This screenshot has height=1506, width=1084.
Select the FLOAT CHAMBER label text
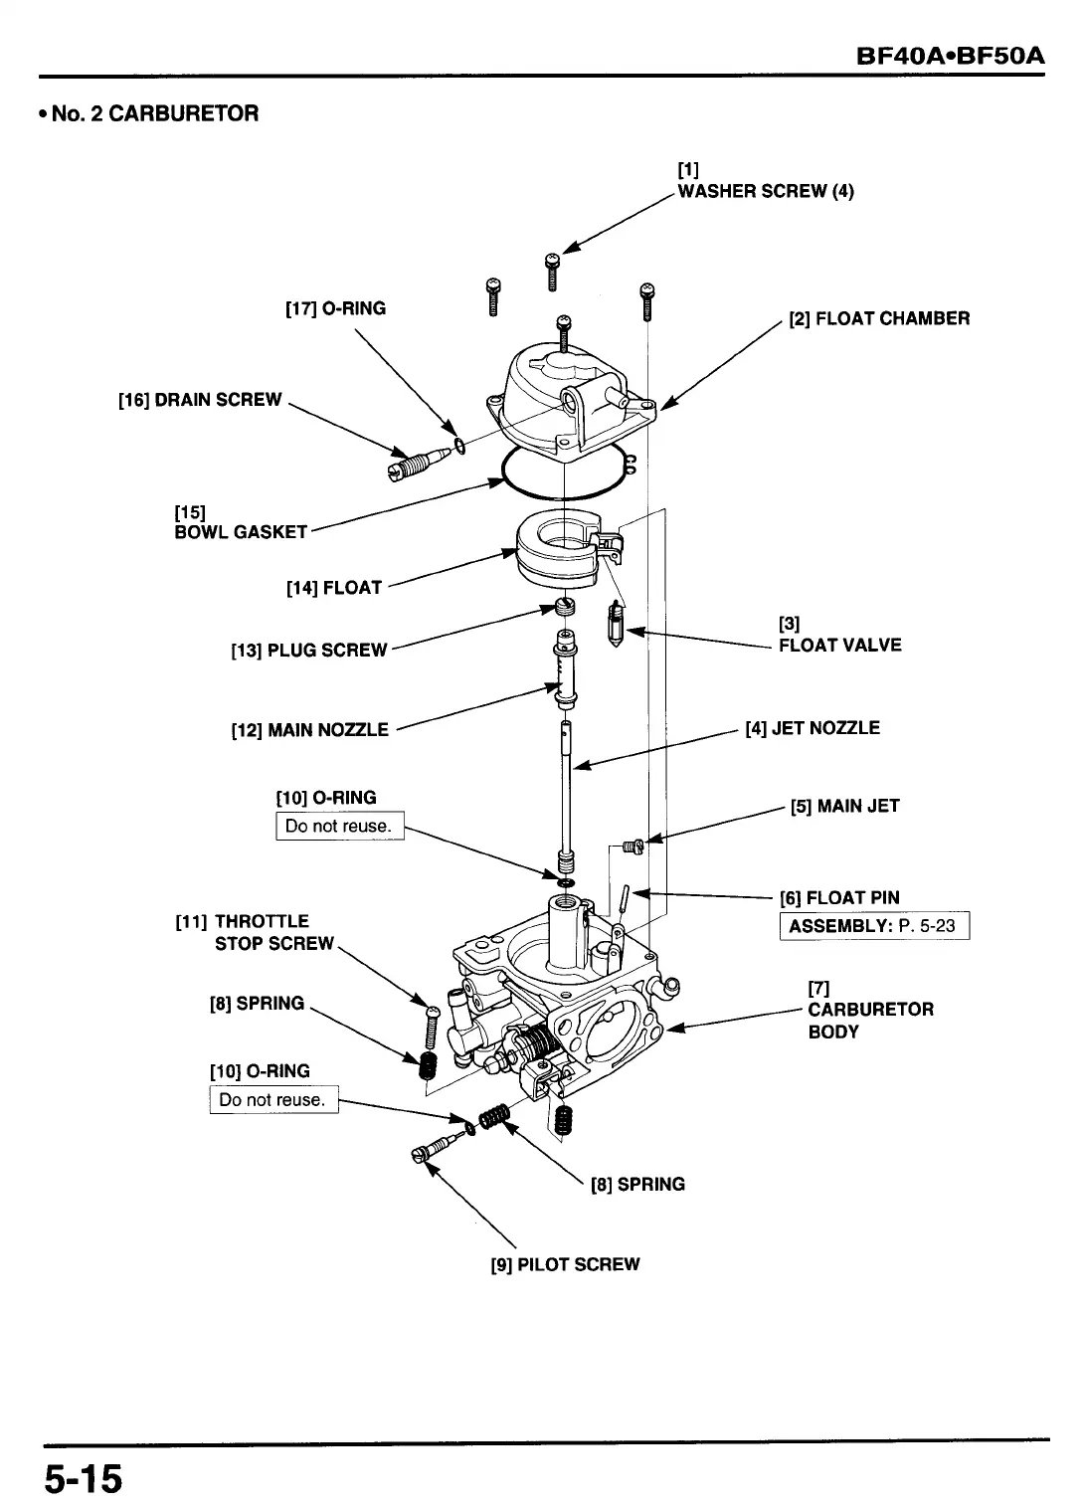878,319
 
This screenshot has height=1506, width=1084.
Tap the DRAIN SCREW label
200,400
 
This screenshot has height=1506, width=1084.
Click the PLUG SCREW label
308,651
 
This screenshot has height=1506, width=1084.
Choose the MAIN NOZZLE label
309,730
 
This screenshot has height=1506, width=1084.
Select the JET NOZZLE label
813,728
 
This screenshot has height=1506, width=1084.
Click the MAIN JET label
844,806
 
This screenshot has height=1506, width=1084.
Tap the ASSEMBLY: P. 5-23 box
873,926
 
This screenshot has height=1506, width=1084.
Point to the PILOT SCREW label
565,1265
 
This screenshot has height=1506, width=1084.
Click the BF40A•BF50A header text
951,54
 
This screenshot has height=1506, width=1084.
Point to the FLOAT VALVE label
839,645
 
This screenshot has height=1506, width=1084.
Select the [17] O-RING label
335,308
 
